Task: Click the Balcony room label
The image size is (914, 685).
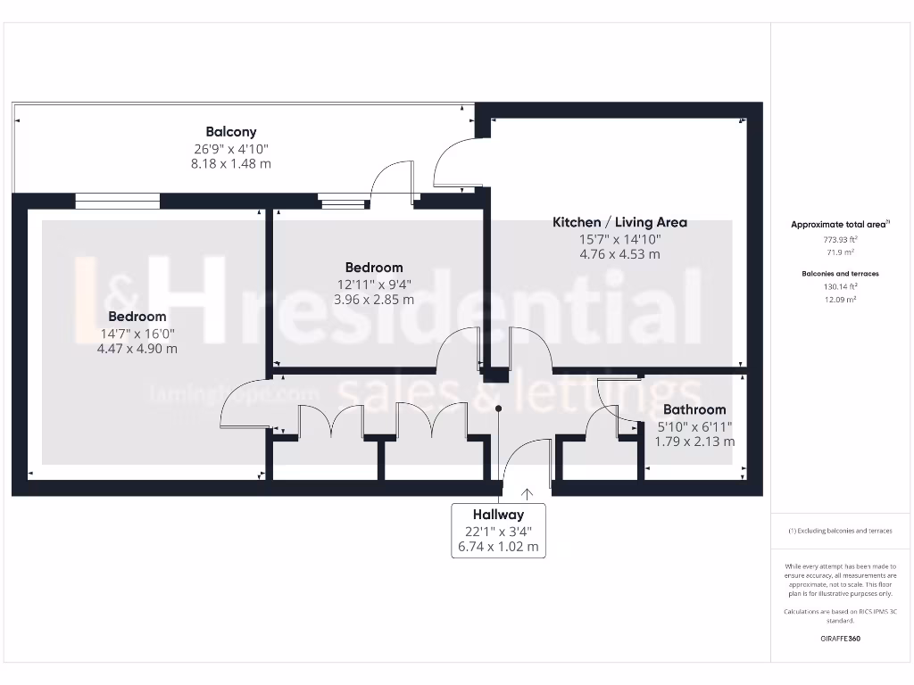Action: [x=231, y=132]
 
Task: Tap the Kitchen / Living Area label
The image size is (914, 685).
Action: [x=619, y=222]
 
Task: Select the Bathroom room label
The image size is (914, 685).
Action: [x=694, y=410]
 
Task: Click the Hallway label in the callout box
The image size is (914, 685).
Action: [x=498, y=515]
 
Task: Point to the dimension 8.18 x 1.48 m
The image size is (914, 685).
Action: [x=231, y=164]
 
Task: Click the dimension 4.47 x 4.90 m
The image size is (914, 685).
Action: [x=137, y=349]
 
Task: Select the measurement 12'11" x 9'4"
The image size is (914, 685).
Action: [x=374, y=284]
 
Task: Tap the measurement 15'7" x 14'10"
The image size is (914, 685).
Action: [x=619, y=239]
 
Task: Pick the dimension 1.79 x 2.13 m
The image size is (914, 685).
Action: [x=694, y=442]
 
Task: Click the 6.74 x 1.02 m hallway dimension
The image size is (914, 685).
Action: [x=498, y=547]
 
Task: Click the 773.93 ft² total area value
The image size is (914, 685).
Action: [x=840, y=240]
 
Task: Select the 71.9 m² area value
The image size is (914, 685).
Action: [x=840, y=253]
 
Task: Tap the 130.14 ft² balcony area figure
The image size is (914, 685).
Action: [x=840, y=286]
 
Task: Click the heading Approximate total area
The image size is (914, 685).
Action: [x=838, y=225]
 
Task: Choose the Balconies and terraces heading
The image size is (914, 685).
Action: [x=840, y=274]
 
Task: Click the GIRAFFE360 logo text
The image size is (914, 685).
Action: [x=840, y=639]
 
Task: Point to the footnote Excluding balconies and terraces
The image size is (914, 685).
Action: [x=840, y=531]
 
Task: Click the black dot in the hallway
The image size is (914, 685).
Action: [x=499, y=409]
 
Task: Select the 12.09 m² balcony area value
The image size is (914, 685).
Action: [x=840, y=300]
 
